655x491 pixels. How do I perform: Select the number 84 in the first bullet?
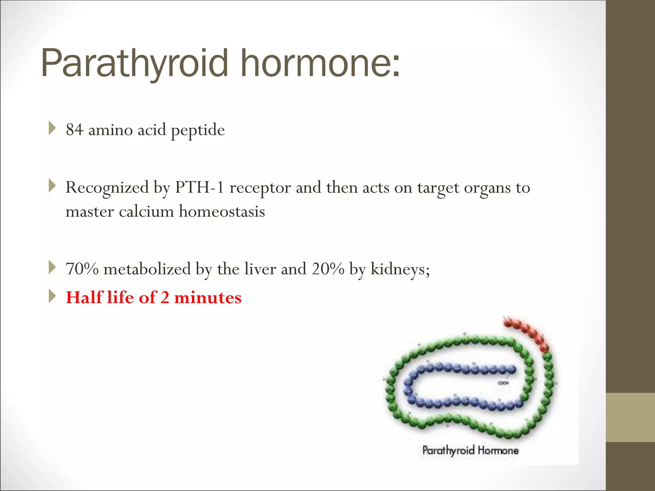click(75, 130)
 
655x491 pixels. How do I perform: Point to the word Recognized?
click(107, 188)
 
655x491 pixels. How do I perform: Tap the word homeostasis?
click(222, 212)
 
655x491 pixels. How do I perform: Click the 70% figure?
click(82, 269)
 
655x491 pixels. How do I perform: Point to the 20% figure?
click(328, 269)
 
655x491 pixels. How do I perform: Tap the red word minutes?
click(208, 298)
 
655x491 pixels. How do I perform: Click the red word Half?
click(84, 297)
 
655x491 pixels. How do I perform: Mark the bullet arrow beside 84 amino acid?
click(52, 128)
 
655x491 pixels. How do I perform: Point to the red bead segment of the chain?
click(528, 334)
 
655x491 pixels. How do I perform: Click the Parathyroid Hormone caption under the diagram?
click(470, 450)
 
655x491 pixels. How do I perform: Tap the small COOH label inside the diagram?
click(503, 383)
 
